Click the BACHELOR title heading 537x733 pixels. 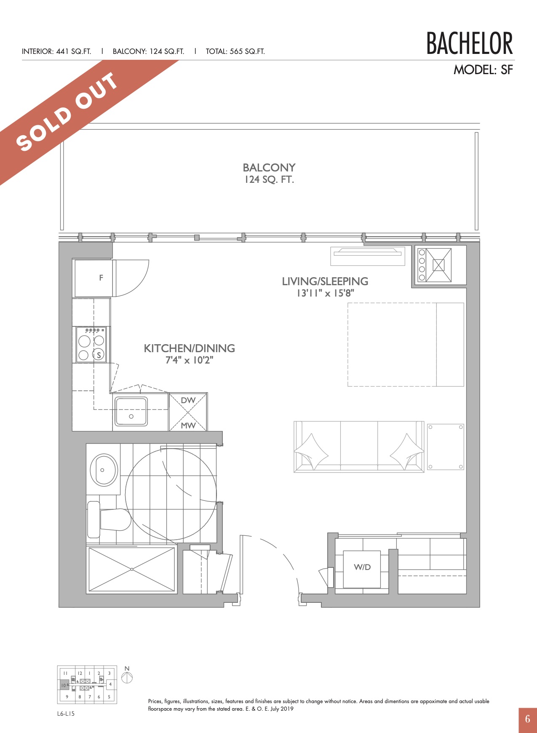point(470,43)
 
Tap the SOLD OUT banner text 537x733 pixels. point(67,112)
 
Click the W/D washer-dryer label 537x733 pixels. point(362,567)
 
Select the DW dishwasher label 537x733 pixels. point(188,400)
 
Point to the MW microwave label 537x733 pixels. point(188,425)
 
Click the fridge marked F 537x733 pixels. point(94,278)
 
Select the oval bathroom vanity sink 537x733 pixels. point(104,470)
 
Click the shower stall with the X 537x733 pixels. point(131,570)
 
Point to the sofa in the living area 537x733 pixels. point(359,447)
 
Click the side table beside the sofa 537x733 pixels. point(446,447)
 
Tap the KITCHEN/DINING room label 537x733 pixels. point(190,348)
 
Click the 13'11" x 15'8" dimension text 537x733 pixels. point(325,293)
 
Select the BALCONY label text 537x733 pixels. point(269,168)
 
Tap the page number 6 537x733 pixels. point(528,719)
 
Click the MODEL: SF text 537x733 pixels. point(483,70)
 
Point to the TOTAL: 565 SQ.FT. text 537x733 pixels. point(235,51)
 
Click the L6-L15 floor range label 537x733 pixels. point(66,714)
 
